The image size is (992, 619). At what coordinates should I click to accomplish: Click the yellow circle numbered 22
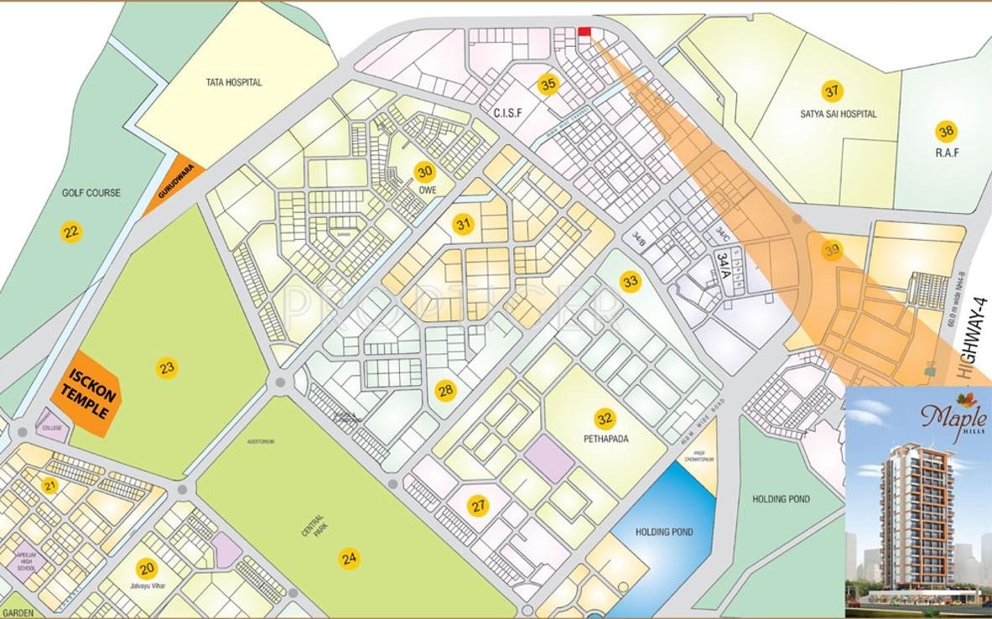click(x=73, y=231)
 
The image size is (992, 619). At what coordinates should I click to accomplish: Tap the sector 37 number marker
click(x=831, y=91)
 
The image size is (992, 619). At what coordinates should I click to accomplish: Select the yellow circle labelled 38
click(x=947, y=131)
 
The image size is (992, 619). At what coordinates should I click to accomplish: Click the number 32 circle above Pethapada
click(x=605, y=418)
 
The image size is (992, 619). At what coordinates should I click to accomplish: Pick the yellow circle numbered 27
click(x=478, y=506)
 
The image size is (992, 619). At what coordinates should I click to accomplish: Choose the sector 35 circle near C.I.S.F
click(x=548, y=85)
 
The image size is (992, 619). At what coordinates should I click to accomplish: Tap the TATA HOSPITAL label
click(x=234, y=82)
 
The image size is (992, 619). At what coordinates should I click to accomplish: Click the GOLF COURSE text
click(x=91, y=193)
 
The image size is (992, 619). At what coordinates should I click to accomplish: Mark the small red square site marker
click(x=584, y=32)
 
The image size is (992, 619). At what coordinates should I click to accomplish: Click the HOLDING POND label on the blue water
click(x=663, y=532)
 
